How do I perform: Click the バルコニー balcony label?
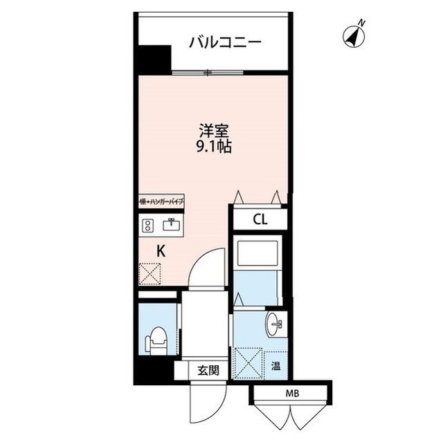tap(226, 42)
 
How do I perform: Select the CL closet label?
tap(260, 221)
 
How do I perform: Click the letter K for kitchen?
tap(161, 251)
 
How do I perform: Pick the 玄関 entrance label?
tap(208, 370)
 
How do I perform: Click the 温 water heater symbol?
tap(275, 366)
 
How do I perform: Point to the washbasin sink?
tap(275, 323)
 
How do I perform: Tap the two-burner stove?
tap(147, 225)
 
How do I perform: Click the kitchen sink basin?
tap(170, 225)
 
